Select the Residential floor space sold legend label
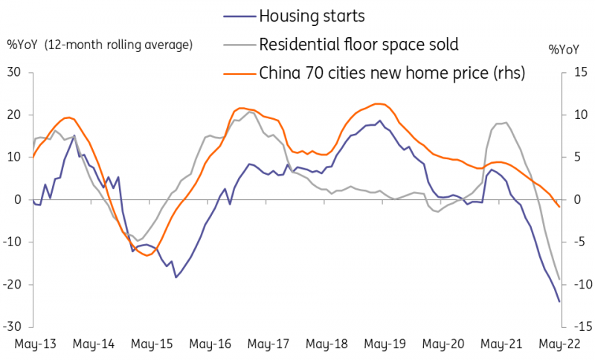pos(358,43)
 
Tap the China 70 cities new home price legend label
pos(392,72)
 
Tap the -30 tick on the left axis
pos(13,327)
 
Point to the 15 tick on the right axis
pos(580,72)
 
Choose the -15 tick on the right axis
pos(578,327)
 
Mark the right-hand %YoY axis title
pos(565,50)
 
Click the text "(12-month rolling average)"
pos(118,44)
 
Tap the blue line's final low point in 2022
pos(559,301)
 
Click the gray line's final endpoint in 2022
pos(559,279)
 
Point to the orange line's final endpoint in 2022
pos(559,207)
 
